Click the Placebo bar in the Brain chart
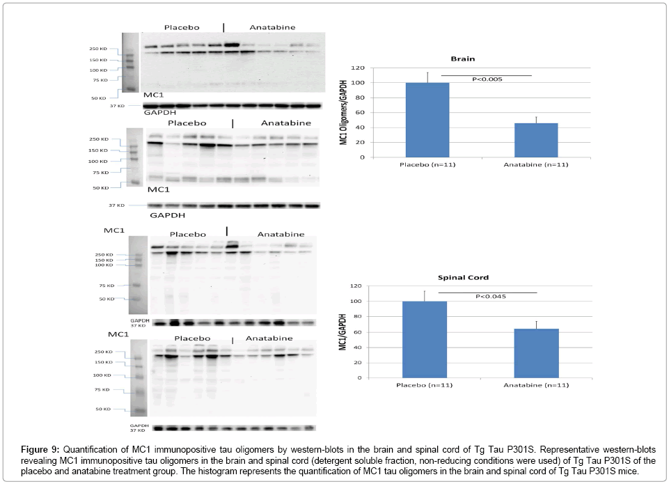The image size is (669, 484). [x=427, y=120]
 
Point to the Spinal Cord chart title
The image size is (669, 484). [x=481, y=278]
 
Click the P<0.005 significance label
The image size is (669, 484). [x=487, y=79]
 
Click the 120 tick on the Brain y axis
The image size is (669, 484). [x=359, y=68]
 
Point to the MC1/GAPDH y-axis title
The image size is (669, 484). [x=343, y=333]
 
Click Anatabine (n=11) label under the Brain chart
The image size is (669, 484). [x=535, y=165]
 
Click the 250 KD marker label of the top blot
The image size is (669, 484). [x=97, y=49]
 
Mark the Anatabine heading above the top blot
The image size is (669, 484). [x=272, y=27]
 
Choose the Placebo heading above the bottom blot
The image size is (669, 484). [x=192, y=338]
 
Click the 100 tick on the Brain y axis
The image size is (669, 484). [x=359, y=83]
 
